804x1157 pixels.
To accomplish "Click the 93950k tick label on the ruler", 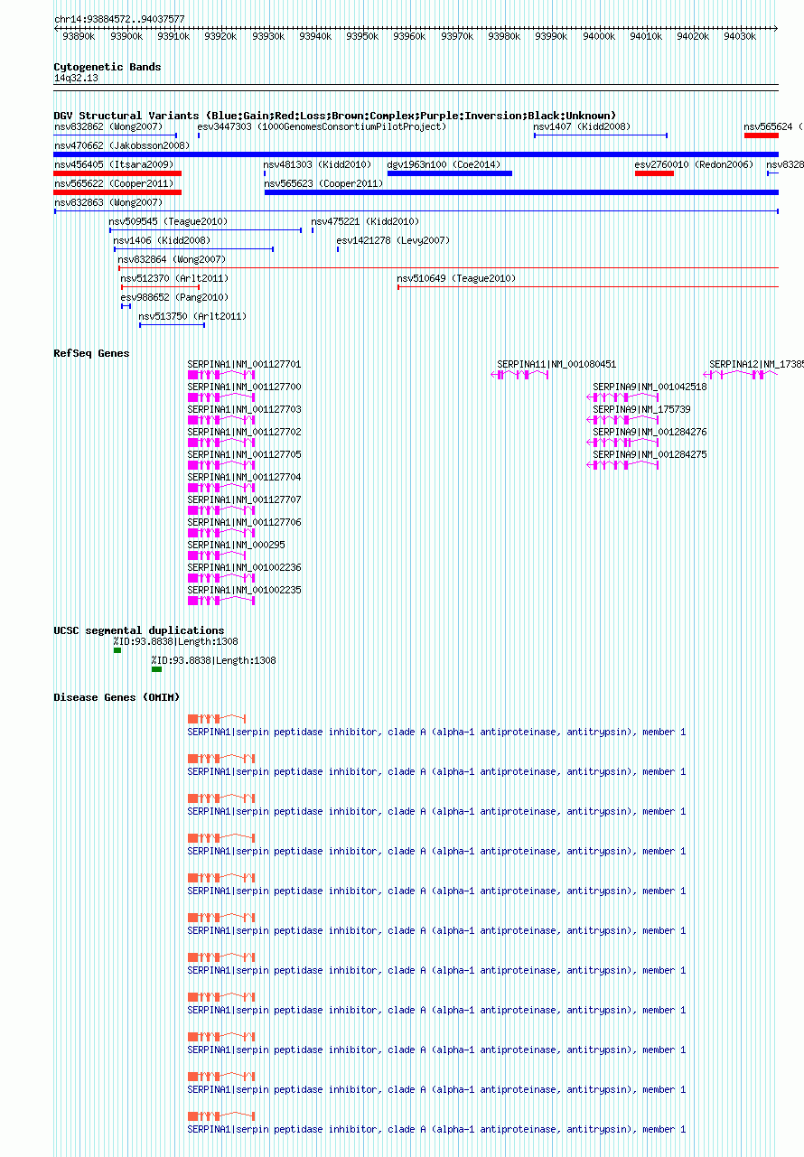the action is click(362, 36).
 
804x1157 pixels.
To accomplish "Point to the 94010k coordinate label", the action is click(646, 36).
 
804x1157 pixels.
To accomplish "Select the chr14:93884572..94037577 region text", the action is click(119, 19).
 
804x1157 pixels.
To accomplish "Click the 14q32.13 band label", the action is click(76, 78).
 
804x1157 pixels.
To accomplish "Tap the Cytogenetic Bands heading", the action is click(108, 67).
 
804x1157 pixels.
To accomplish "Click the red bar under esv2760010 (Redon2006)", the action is click(654, 173).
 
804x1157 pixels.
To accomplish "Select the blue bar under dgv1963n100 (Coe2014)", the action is click(450, 173).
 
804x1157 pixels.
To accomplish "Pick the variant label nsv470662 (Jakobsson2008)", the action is click(122, 145).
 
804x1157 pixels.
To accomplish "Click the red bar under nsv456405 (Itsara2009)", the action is click(117, 173).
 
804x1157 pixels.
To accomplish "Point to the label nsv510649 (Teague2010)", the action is click(456, 278).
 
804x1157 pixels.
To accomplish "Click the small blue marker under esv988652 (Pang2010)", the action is click(126, 306).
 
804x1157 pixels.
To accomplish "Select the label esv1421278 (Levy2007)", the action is click(393, 240).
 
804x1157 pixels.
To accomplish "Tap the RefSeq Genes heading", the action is click(91, 353).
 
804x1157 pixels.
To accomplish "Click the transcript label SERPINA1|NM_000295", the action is click(236, 545).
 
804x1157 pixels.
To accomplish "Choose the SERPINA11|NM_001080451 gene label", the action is click(556, 364).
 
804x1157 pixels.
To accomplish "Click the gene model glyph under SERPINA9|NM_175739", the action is click(622, 420).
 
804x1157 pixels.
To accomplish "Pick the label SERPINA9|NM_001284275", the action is click(650, 454).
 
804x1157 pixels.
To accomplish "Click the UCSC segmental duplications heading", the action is click(139, 630).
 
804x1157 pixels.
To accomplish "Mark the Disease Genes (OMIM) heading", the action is click(117, 698).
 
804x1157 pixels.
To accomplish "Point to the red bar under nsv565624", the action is click(762, 135).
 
